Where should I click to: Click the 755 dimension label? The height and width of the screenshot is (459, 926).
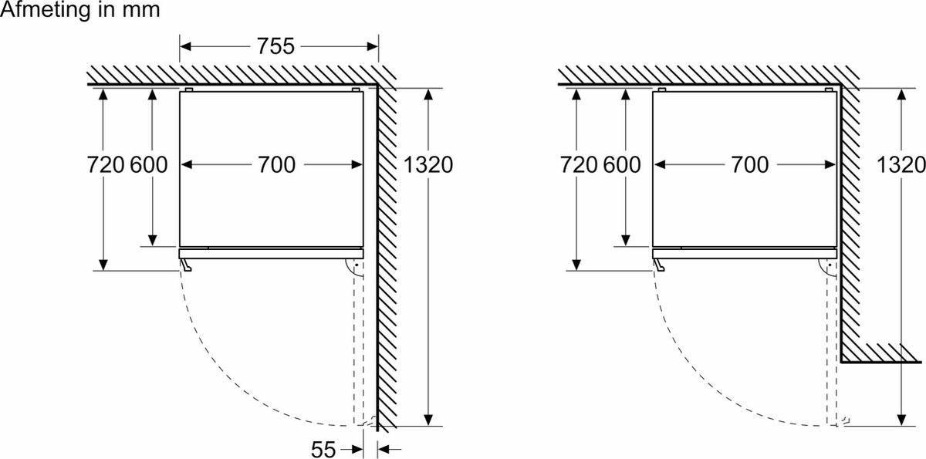pos(275,46)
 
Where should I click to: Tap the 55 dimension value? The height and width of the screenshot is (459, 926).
pos(323,450)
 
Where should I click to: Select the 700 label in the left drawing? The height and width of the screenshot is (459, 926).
pos(276,164)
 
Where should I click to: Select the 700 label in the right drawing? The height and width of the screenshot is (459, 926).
pos(750,164)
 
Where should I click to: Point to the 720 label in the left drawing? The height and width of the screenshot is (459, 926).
pos(106,164)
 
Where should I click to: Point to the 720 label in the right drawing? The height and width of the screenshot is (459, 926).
pos(578,164)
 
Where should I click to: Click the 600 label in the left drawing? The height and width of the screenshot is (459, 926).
pos(149,164)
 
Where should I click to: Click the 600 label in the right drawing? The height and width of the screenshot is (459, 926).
pos(622,164)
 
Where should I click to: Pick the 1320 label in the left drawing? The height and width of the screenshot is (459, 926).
pos(428,164)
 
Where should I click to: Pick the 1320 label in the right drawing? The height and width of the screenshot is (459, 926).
pos(901,164)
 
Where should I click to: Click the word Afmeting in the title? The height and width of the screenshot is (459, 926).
pos(46,9)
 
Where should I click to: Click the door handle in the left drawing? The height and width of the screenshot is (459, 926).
pos(186,265)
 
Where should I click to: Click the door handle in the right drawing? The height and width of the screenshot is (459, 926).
pos(659,265)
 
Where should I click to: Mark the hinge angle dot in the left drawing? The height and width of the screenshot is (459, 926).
pos(356,265)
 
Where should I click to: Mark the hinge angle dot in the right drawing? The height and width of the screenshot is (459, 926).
pos(830,265)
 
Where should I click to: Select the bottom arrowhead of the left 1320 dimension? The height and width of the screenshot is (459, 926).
pos(428,420)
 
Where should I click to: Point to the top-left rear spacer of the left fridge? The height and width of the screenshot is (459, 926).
pos(189,89)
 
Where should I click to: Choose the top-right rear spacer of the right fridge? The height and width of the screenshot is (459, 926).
pos(829,89)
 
